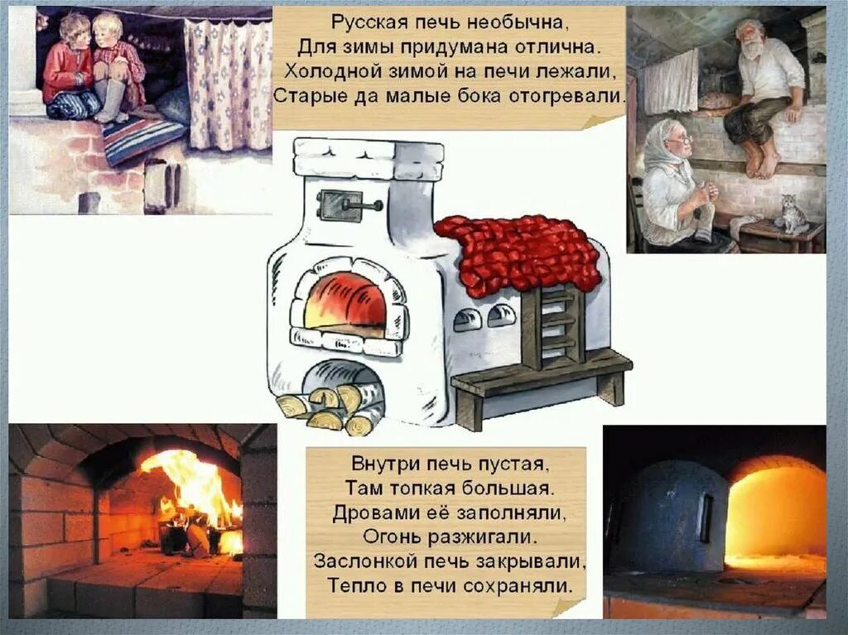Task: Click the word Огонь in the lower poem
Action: [391, 536]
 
